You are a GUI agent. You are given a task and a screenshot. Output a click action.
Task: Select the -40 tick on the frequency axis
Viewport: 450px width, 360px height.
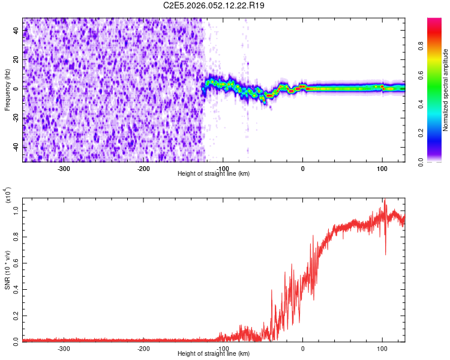[16, 147]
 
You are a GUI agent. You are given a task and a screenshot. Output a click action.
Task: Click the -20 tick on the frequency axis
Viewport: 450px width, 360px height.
[16, 118]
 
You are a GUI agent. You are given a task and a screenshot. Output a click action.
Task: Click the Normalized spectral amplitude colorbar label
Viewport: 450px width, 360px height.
[445, 90]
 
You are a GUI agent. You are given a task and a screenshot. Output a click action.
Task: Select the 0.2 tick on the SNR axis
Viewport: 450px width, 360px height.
[16, 314]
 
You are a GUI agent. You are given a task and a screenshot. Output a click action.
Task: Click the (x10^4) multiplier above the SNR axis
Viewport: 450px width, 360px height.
[8, 196]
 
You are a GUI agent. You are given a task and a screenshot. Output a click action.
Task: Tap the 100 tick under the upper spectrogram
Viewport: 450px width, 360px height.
[382, 168]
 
